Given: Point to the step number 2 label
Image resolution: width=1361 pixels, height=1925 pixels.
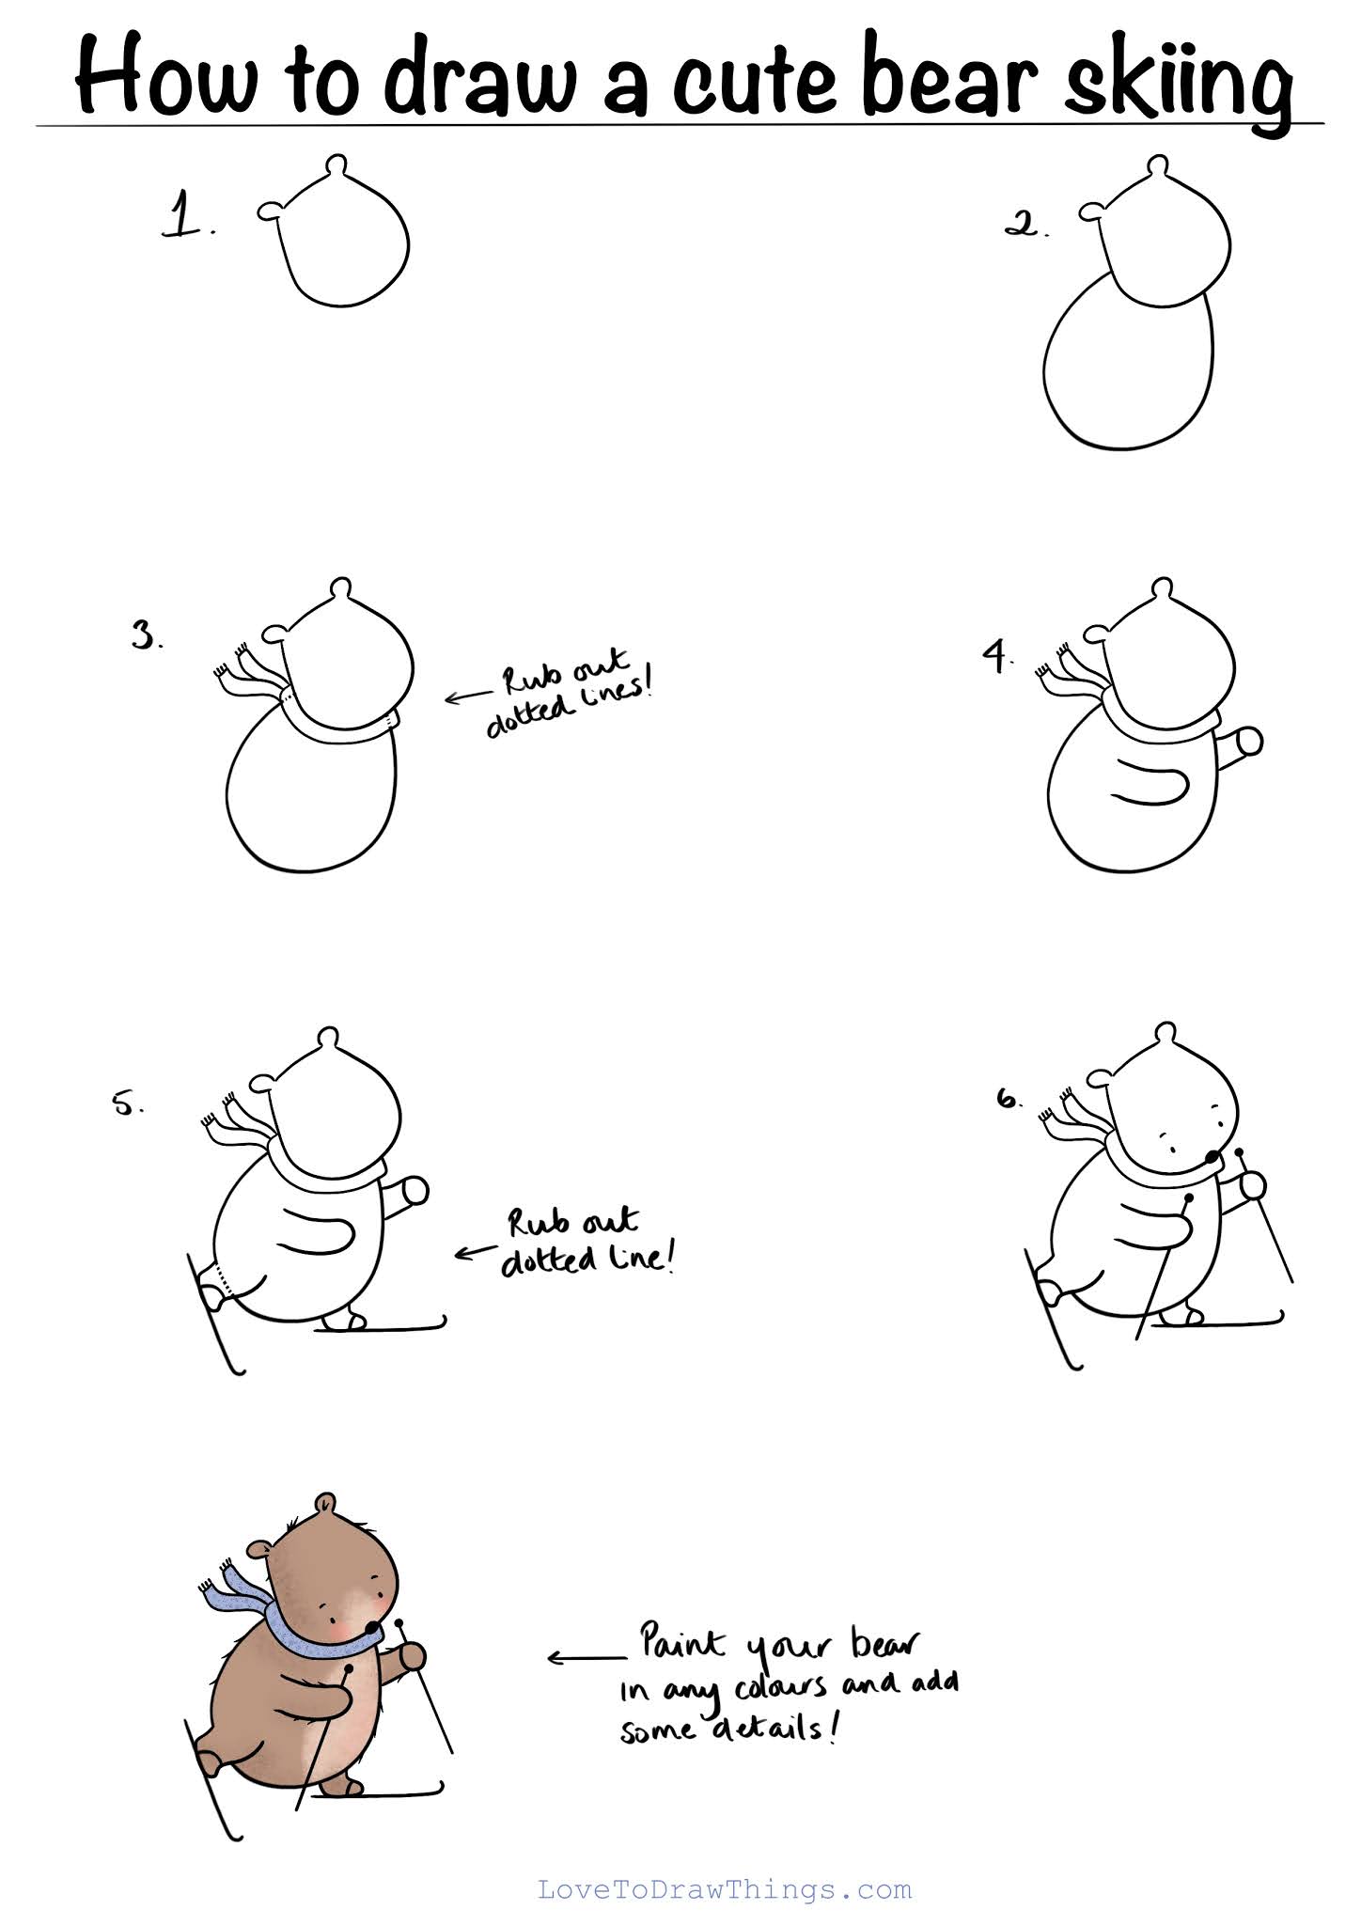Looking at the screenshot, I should pyautogui.click(x=1025, y=225).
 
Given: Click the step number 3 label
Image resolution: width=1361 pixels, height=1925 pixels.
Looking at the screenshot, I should pyautogui.click(x=147, y=636).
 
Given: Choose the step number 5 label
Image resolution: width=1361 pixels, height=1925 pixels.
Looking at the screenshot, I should pyautogui.click(x=128, y=1103).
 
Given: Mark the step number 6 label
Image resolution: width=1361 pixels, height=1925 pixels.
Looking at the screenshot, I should pyautogui.click(x=1009, y=1098).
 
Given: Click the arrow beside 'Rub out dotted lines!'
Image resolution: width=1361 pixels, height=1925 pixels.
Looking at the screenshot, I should pyautogui.click(x=465, y=697).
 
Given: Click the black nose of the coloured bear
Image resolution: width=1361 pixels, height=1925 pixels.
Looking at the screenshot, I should pyautogui.click(x=373, y=1627).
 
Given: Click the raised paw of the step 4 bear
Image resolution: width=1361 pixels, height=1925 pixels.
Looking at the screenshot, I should pyautogui.click(x=1249, y=742).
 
